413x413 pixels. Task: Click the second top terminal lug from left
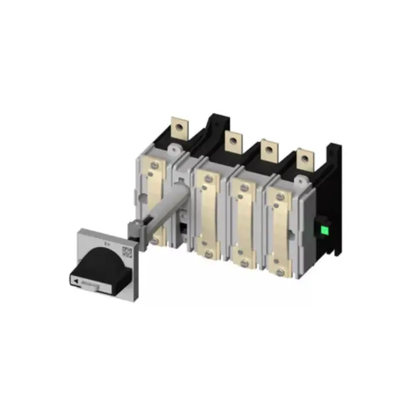point(232,141)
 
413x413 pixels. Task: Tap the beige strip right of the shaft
point(208,211)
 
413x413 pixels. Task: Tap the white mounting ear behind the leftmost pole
point(173,151)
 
